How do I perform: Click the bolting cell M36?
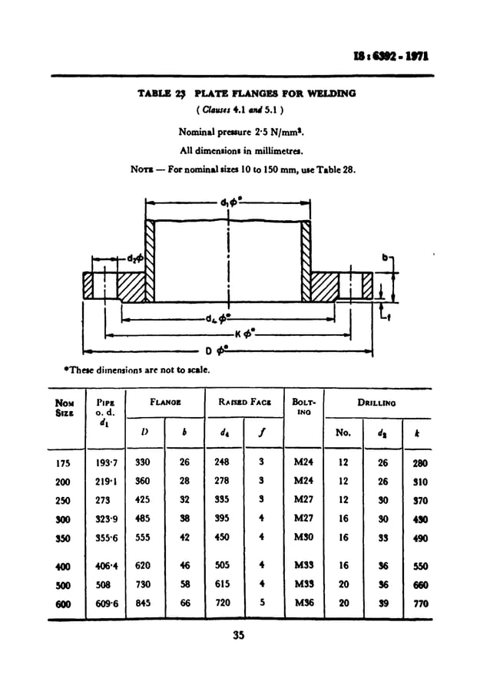pos(304,604)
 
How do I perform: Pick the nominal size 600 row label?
pos(62,604)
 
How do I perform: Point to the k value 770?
pos(419,604)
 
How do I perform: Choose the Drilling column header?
pos(376,402)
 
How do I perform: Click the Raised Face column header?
pos(243,402)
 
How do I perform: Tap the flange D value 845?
pos(143,604)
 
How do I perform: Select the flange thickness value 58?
pos(184,585)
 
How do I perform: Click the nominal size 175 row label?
pos(62,464)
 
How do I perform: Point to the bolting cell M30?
pos(304,538)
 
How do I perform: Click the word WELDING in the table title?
pos(332,94)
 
